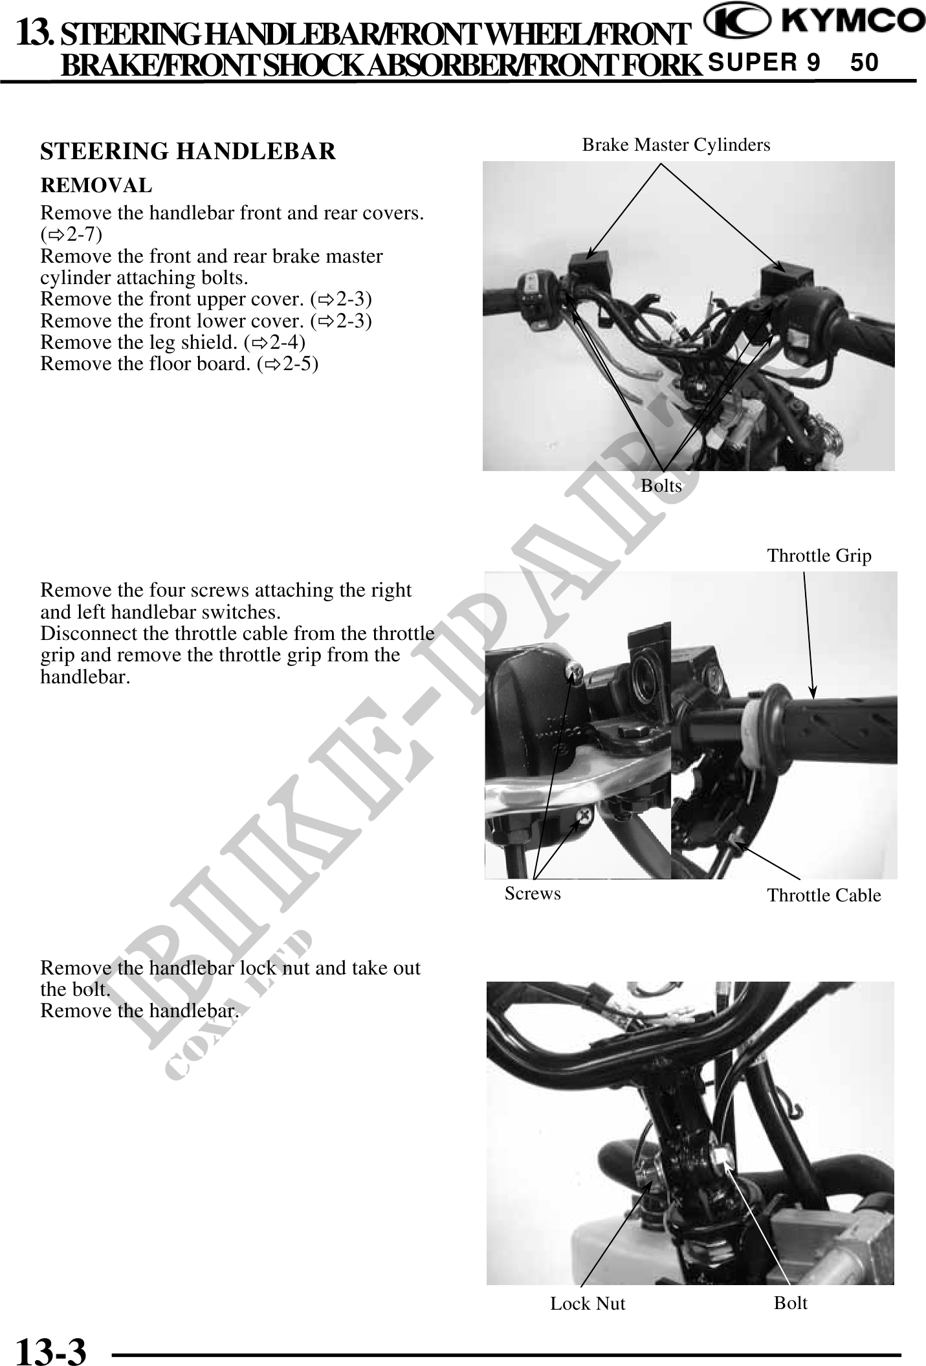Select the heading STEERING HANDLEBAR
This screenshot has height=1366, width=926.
click(x=188, y=151)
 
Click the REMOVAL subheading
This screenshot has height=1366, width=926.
click(x=96, y=186)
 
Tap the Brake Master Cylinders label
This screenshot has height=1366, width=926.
click(x=676, y=145)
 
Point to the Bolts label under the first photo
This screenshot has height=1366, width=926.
click(x=661, y=485)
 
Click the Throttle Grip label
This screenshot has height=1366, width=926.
click(x=819, y=556)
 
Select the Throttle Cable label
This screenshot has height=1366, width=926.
click(x=824, y=896)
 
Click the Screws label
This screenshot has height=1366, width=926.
click(x=533, y=894)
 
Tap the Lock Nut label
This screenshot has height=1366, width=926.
click(x=588, y=1303)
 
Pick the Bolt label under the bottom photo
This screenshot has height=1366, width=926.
click(x=791, y=1302)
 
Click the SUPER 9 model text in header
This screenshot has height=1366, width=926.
click(x=764, y=63)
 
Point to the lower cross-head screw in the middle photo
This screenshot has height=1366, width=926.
click(x=585, y=817)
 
